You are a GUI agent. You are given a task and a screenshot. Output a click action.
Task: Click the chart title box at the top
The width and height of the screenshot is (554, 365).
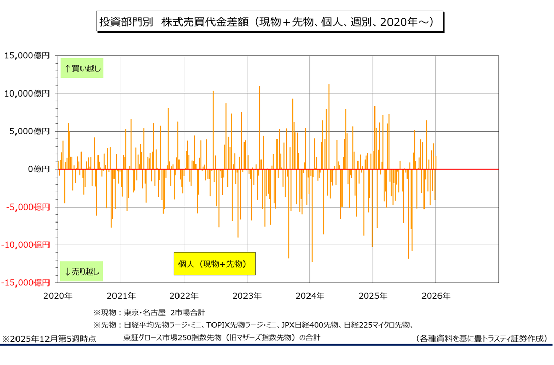point(269,22)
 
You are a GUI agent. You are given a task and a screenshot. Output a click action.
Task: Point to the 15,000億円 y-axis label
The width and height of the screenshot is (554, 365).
point(27,55)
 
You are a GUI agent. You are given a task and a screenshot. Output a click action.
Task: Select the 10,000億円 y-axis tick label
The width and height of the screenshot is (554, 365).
point(27,93)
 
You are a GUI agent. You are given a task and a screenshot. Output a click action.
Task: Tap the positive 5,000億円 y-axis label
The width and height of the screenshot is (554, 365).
point(29,131)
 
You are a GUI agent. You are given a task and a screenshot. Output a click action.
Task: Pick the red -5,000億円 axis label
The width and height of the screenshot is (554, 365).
point(28,207)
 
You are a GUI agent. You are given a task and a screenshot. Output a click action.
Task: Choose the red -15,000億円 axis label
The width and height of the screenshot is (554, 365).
point(26,283)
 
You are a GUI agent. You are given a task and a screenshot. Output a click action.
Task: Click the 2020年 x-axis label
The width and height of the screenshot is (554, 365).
point(58,296)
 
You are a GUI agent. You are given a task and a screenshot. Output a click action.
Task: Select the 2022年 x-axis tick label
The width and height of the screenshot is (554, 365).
point(184,296)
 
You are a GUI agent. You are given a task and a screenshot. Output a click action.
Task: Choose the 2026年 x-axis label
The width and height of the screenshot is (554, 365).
point(436,296)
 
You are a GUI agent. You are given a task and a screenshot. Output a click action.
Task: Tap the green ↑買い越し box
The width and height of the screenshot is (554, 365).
point(82,68)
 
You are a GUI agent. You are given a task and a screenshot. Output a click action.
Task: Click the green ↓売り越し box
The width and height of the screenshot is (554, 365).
point(82,271)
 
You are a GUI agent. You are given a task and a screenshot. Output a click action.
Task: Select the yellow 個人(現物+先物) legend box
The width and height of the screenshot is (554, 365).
point(214,264)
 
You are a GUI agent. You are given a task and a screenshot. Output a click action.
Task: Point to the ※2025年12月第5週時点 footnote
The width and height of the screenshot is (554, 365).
point(49,339)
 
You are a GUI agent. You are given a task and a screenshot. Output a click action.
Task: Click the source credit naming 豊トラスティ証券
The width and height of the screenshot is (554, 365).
point(481,339)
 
